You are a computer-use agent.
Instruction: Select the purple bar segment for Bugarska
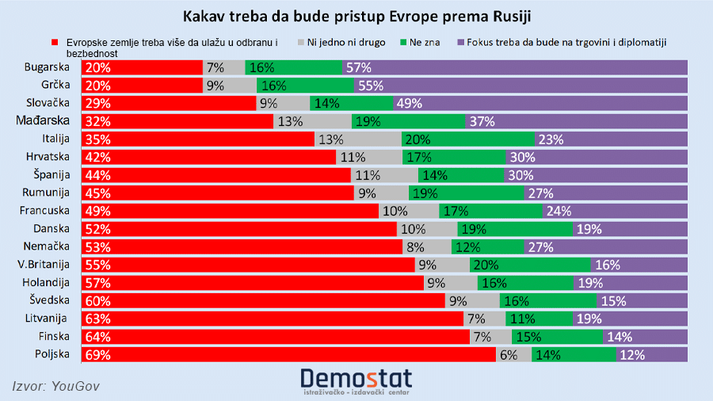coord(515,67)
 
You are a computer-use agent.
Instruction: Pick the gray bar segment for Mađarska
coord(312,121)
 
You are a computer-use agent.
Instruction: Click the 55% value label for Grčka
coord(371,86)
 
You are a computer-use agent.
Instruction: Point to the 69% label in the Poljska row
coord(99,354)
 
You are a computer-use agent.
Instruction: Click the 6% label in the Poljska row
coord(509,354)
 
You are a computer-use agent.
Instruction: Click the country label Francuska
coord(48,211)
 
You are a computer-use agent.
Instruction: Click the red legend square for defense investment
coord(55,42)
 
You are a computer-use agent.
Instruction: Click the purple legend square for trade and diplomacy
coord(461,42)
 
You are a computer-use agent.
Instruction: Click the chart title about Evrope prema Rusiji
coord(356,17)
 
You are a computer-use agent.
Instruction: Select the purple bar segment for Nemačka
coord(606,246)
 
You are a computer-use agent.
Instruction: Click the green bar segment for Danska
coord(515,229)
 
